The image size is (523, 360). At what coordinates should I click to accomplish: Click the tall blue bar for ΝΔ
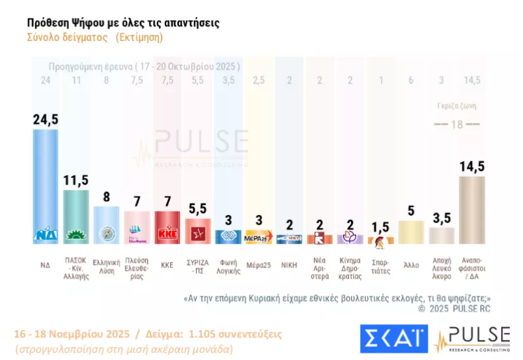point(46,185)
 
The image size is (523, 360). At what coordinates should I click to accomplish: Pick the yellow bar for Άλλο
point(410,232)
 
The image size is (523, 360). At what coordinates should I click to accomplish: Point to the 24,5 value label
point(46,119)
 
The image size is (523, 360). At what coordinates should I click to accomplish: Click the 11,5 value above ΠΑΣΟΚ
point(76,180)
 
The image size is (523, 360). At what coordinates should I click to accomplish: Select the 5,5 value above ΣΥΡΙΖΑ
point(197,209)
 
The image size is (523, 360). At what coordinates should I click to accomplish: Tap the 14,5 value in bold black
point(472,167)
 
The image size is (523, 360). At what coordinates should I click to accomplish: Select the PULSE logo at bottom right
point(472,338)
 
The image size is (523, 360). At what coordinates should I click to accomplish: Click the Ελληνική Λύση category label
point(106,267)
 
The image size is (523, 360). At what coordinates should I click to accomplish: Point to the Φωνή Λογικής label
point(228,267)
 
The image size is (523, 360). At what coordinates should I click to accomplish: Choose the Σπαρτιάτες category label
point(380,267)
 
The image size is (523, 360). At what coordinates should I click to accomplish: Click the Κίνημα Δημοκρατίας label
point(350,267)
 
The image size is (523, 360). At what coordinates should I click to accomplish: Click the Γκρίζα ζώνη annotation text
point(457,105)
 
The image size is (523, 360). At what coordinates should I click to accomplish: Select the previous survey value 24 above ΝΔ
point(46,81)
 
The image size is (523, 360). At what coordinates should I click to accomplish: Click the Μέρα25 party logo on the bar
point(258,238)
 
